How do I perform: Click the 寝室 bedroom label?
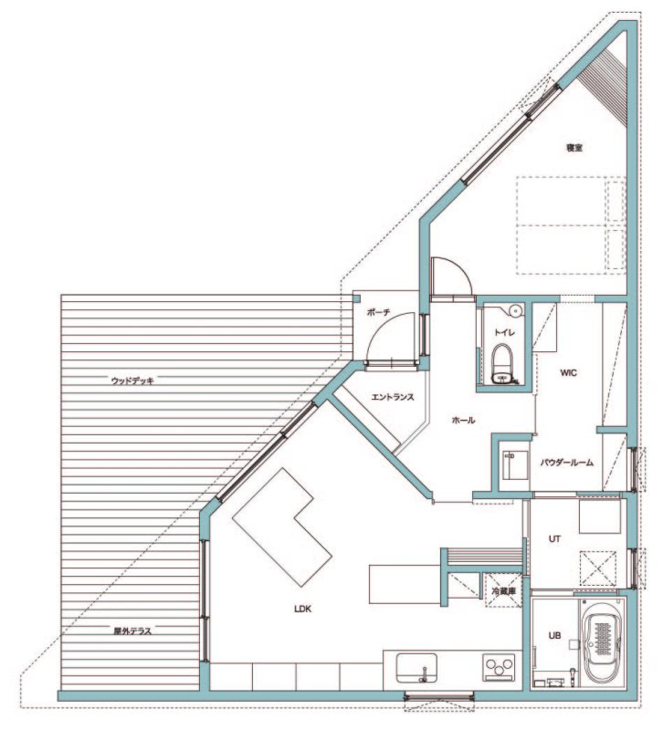[574, 148]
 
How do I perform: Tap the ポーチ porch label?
[378, 313]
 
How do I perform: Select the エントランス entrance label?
[393, 397]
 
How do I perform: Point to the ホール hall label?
[464, 421]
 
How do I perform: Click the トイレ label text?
[505, 332]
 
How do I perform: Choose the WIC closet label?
[568, 373]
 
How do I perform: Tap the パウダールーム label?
[567, 463]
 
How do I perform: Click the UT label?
[554, 539]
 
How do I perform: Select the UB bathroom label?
[554, 635]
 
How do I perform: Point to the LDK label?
[303, 609]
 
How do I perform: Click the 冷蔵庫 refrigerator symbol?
[503, 590]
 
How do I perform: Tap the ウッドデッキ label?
[132, 381]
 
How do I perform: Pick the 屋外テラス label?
[132, 631]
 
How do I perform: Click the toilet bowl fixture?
[501, 364]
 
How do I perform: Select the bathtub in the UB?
[604, 644]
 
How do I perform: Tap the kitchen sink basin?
[416, 668]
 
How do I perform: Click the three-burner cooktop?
[499, 668]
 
